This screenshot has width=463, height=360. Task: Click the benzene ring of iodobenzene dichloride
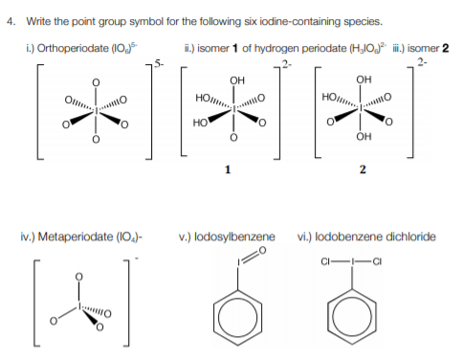(364, 322)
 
